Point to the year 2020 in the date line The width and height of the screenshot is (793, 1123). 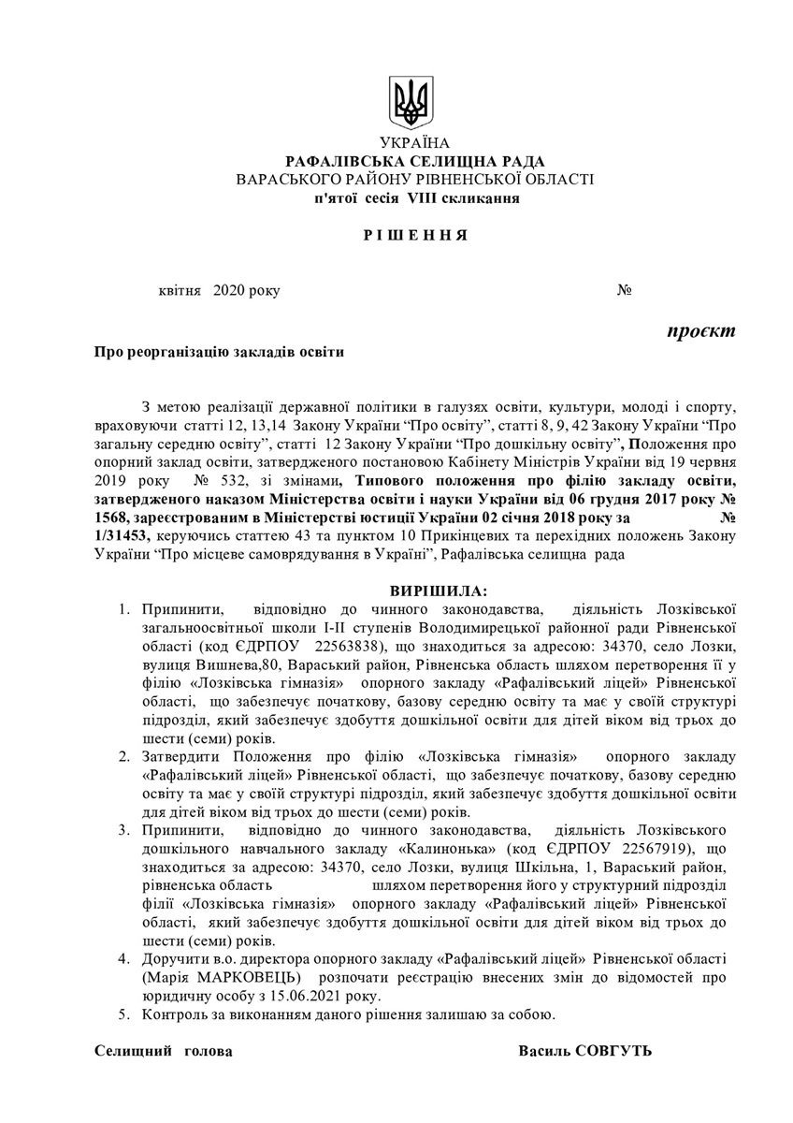point(228,292)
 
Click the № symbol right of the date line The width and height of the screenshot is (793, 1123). point(625,292)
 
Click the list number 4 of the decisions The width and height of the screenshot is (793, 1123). point(123,961)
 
